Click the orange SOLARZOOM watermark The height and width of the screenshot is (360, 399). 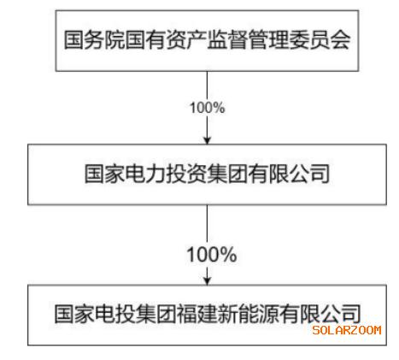tap(347, 330)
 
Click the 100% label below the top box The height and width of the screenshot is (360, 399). tap(208, 108)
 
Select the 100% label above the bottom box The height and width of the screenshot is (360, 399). tap(212, 254)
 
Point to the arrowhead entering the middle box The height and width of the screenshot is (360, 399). tap(208, 140)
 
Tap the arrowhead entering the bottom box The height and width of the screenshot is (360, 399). tap(208, 280)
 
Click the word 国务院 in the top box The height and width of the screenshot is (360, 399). tap(94, 40)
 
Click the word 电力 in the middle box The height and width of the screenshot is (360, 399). tap(145, 174)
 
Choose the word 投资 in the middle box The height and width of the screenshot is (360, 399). tap(186, 174)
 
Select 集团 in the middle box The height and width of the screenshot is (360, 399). tap(227, 174)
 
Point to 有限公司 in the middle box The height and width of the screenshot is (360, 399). tap(289, 174)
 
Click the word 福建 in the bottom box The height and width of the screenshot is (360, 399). tap(197, 314)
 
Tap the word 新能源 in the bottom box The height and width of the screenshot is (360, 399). tap(249, 314)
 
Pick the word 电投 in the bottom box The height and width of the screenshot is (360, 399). tap(115, 314)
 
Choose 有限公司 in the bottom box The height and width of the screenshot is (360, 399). tap(320, 314)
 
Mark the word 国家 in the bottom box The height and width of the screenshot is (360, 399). tap(74, 314)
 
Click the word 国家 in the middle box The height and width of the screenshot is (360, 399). tap(105, 174)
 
